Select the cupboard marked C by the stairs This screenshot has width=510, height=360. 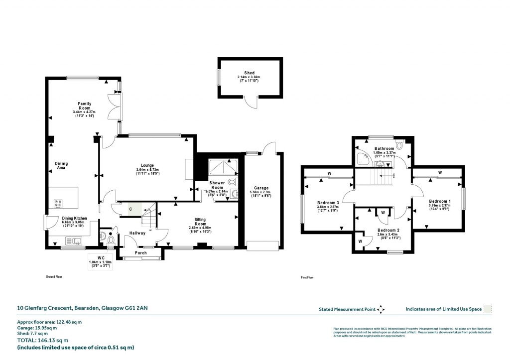pyautogui.click(x=130, y=210)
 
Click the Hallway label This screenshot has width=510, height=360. pyautogui.click(x=137, y=233)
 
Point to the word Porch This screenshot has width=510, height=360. pyautogui.click(x=140, y=253)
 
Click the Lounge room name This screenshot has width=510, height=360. pyautogui.click(x=147, y=166)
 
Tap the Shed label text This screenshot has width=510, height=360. pyautogui.click(x=249, y=73)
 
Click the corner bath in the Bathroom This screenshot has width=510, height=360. pyautogui.click(x=363, y=159)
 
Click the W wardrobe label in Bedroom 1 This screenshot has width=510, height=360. pyautogui.click(x=440, y=173)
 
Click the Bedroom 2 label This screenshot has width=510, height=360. pyautogui.click(x=386, y=230)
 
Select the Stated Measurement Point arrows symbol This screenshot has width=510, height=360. pyautogui.click(x=381, y=309)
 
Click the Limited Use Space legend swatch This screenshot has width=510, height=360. pyautogui.click(x=488, y=309)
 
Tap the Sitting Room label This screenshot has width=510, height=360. pyautogui.click(x=202, y=222)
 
